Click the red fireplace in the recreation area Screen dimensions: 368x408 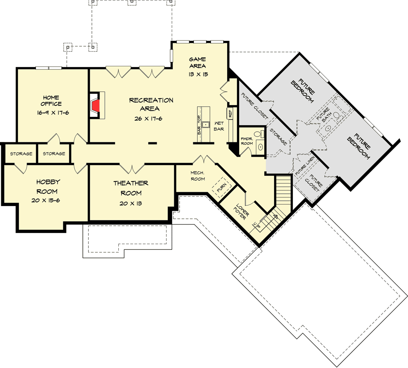pyautogui.click(x=95, y=105)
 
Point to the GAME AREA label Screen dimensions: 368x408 pyautogui.click(x=197, y=62)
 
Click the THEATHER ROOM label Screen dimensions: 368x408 pyautogui.click(x=131, y=188)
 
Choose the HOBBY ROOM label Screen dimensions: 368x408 pyautogui.click(x=48, y=186)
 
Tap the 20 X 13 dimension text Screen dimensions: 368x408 pyautogui.click(x=131, y=204)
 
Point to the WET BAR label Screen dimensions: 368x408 pyautogui.click(x=219, y=126)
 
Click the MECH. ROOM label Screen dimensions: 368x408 pyautogui.click(x=197, y=175)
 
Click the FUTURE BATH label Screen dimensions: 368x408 pyautogui.click(x=324, y=114)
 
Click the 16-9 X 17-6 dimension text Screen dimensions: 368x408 pyautogui.click(x=52, y=112)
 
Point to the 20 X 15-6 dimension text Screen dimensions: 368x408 pyautogui.click(x=48, y=201)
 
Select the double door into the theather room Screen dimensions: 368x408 pyautogui.click(x=131, y=168)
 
